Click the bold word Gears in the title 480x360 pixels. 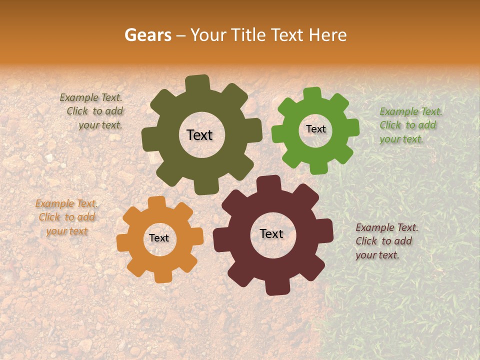click(148, 35)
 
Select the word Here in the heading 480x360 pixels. click(328, 35)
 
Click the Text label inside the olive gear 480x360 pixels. click(199, 135)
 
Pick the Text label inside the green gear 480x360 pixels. click(315, 129)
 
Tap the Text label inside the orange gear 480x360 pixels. click(159, 238)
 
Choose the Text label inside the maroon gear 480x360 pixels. click(271, 233)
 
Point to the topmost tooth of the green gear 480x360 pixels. click(312, 94)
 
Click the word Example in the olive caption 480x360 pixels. click(79, 98)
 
